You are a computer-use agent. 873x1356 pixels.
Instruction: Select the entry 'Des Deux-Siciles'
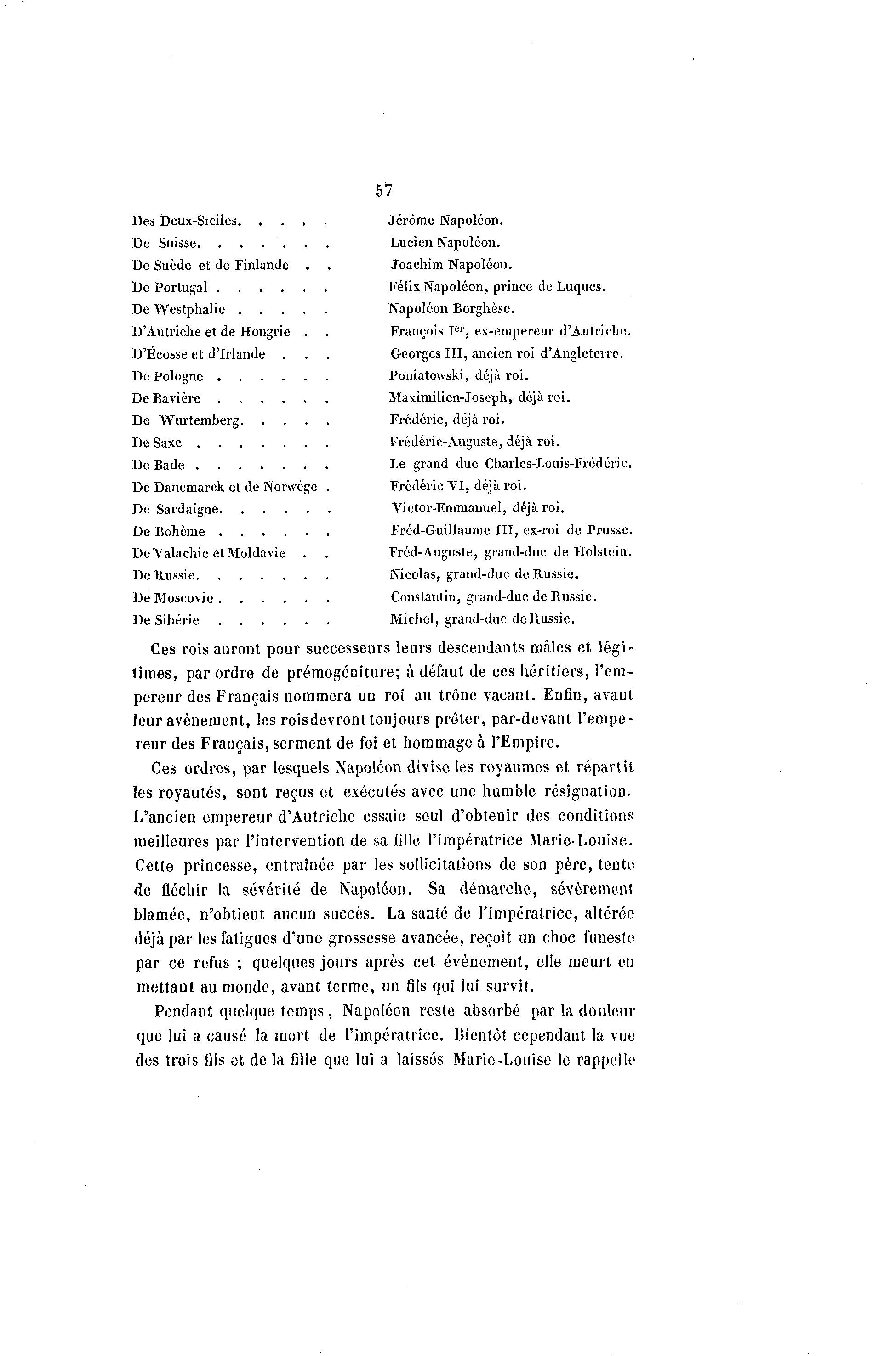[186, 221]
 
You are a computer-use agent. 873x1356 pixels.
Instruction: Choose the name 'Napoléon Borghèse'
[451, 309]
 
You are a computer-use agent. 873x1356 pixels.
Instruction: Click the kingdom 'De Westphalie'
[178, 309]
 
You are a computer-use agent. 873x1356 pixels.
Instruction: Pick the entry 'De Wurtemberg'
[187, 420]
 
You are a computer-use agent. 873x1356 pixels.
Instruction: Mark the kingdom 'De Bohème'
[168, 532]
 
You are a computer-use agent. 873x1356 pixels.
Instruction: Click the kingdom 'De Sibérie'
[165, 620]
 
